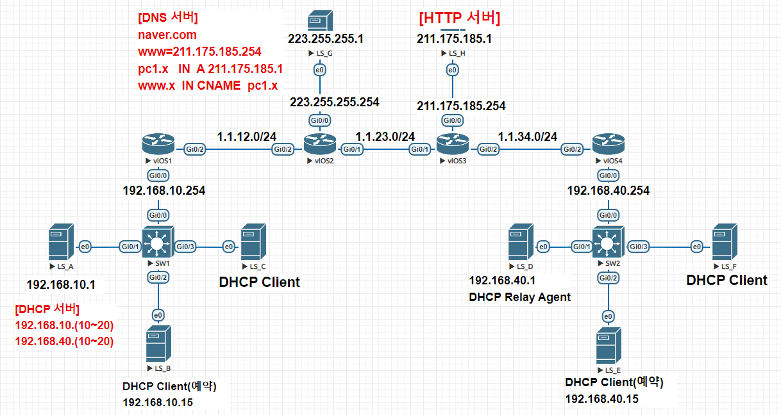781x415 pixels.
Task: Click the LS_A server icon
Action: tap(61, 241)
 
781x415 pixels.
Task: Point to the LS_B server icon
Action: tap(158, 343)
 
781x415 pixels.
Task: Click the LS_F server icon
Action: tap(725, 241)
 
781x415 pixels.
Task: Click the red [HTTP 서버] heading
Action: tap(459, 19)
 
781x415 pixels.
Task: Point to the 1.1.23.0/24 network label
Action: tap(385, 136)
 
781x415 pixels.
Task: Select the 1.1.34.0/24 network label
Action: tap(528, 136)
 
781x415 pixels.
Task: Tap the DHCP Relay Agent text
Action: tap(520, 297)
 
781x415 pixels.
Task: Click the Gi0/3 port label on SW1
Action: tap(185, 247)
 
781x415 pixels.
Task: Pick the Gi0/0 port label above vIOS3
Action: tap(453, 120)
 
